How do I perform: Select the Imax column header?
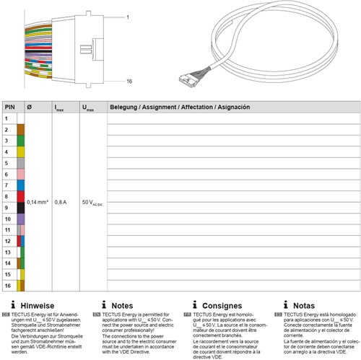tap(60, 107)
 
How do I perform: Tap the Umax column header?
tap(87, 107)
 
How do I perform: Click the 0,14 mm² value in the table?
tap(37, 202)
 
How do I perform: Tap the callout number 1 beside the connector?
tap(106, 15)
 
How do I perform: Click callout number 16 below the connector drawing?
tap(108, 83)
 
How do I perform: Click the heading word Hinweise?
tap(39, 306)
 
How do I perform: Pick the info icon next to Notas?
tap(285, 305)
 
